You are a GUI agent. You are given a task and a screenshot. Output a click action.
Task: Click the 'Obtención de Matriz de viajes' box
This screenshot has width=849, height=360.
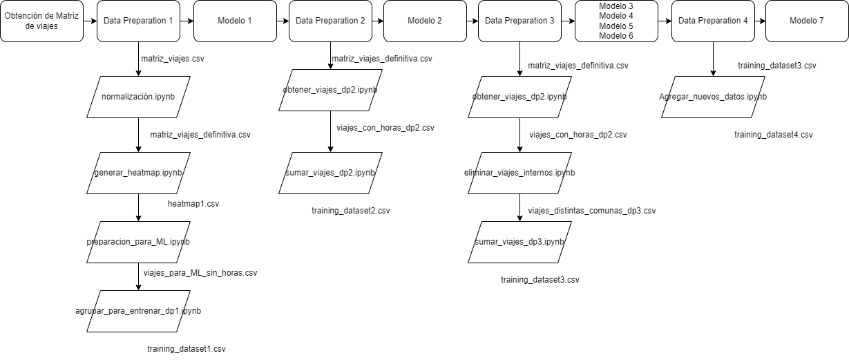pyautogui.click(x=41, y=21)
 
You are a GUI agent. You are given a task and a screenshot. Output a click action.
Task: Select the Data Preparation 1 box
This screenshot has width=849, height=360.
pyautogui.click(x=138, y=21)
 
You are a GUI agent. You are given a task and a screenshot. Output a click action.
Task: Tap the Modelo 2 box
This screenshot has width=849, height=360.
pyautogui.click(x=425, y=21)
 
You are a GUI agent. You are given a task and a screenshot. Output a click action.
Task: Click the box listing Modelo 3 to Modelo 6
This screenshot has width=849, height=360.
pyautogui.click(x=616, y=21)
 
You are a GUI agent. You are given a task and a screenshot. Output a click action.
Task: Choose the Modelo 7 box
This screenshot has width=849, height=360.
pyautogui.click(x=806, y=21)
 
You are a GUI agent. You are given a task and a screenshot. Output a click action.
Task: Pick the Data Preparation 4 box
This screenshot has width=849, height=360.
pyautogui.click(x=713, y=21)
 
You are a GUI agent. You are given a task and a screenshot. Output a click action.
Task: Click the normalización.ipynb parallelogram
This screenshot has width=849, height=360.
pyautogui.click(x=138, y=97)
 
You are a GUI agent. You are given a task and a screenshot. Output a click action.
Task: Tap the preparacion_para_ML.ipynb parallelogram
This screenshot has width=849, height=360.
pyautogui.click(x=138, y=242)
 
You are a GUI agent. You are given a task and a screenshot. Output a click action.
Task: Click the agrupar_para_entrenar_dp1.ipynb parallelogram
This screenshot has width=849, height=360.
pyautogui.click(x=138, y=311)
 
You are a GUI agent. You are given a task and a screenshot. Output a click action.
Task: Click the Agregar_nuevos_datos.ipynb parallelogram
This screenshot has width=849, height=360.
pyautogui.click(x=713, y=97)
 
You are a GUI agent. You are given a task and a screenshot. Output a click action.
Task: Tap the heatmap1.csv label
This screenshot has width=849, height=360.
pyautogui.click(x=193, y=205)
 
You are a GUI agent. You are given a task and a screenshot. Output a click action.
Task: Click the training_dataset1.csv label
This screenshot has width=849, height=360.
pyautogui.click(x=187, y=349)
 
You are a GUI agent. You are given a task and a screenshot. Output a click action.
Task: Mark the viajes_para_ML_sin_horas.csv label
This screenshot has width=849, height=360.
pyautogui.click(x=200, y=273)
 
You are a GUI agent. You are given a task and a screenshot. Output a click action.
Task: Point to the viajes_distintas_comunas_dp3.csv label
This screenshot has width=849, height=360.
pyautogui.click(x=592, y=211)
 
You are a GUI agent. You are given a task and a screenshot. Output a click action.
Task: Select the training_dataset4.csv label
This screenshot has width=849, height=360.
pyautogui.click(x=774, y=135)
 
